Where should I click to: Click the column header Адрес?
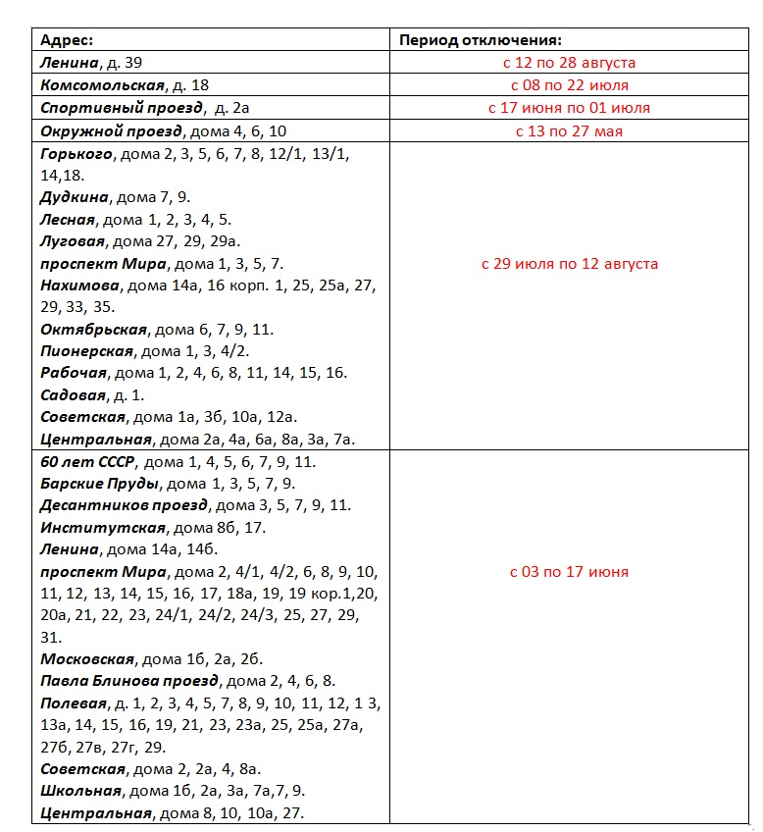pos(67,40)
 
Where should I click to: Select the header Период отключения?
pos(481,40)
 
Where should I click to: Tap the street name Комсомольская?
pos(102,85)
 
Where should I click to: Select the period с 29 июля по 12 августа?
pos(569,264)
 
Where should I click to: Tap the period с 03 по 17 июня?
pos(569,572)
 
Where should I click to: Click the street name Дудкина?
pos(75,197)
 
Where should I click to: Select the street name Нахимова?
pos(79,286)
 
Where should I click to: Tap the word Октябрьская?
pos(93,330)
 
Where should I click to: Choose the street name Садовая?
pos(72,395)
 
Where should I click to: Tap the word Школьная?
pos(81,791)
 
